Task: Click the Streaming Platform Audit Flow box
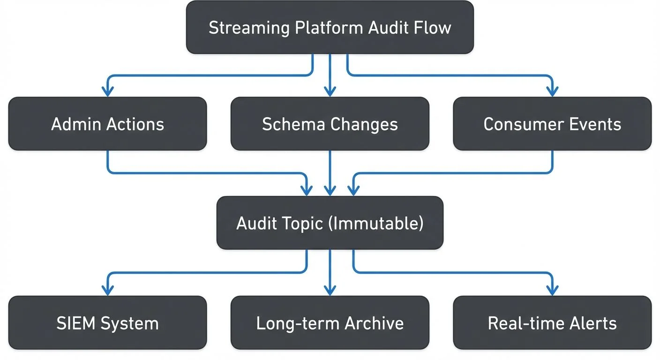click(x=330, y=28)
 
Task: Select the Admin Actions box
click(x=107, y=124)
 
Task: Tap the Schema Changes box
click(x=330, y=124)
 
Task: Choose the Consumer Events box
click(x=552, y=124)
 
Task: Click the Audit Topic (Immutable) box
click(x=330, y=223)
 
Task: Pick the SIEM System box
click(x=107, y=323)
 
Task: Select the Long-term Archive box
click(x=330, y=323)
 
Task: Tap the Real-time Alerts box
click(x=552, y=323)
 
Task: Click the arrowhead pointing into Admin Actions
click(x=108, y=92)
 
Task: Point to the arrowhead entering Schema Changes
click(x=330, y=92)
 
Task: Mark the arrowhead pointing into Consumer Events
click(x=553, y=92)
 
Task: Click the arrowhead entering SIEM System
click(x=108, y=291)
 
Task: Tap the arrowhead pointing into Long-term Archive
click(x=330, y=291)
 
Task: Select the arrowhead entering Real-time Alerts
click(x=553, y=291)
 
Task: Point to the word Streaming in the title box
click(x=249, y=28)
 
